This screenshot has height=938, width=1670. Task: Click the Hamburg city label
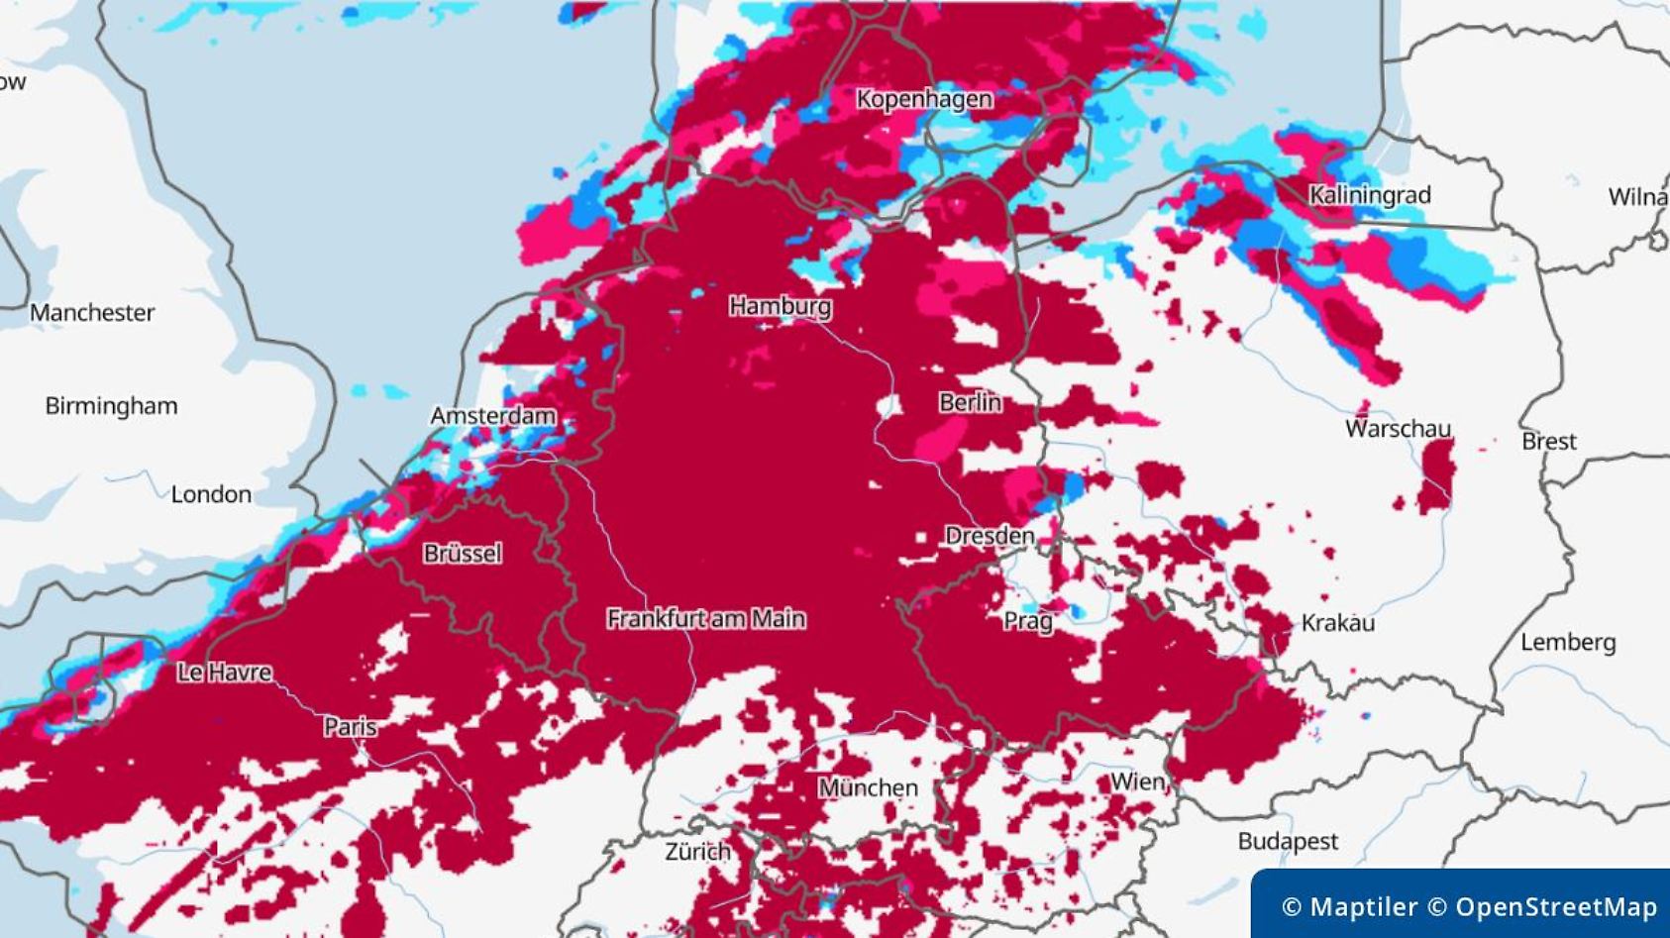[780, 306]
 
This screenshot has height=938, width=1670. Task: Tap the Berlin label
[970, 402]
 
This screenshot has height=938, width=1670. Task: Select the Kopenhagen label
[924, 99]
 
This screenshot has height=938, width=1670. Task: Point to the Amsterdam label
[492, 416]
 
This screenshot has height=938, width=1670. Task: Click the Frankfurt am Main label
[706, 619]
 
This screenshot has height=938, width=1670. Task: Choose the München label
[868, 788]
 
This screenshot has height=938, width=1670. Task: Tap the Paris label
[350, 727]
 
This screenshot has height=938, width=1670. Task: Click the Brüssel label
[463, 554]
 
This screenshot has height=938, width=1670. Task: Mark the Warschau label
[1398, 429]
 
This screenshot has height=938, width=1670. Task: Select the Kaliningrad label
[1370, 195]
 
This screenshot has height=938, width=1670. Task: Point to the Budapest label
[1288, 842]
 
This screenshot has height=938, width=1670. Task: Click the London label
[211, 494]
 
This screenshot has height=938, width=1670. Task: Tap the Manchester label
[92, 313]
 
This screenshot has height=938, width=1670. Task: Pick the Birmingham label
[111, 406]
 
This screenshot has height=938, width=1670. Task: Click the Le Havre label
[224, 673]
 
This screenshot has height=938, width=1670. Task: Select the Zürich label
[697, 852]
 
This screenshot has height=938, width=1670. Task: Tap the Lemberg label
[1568, 643]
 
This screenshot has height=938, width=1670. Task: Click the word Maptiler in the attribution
[1363, 907]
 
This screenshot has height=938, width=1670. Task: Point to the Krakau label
[1337, 623]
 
